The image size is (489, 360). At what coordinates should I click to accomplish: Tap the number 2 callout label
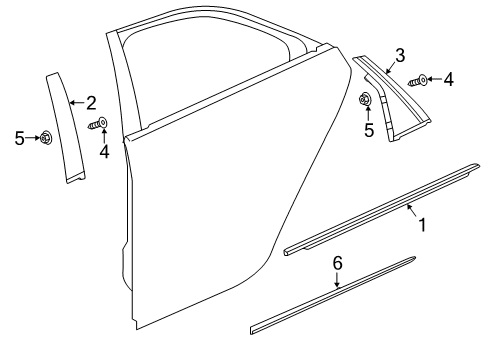click(x=90, y=103)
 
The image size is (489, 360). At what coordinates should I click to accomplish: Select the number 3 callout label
click(x=400, y=55)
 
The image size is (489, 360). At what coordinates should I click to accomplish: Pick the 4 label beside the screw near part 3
click(x=448, y=79)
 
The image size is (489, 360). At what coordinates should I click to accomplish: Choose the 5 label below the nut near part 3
click(x=369, y=130)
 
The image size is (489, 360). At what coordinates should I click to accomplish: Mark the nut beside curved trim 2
click(x=46, y=139)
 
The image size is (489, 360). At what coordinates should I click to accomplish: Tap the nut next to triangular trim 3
click(x=367, y=99)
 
